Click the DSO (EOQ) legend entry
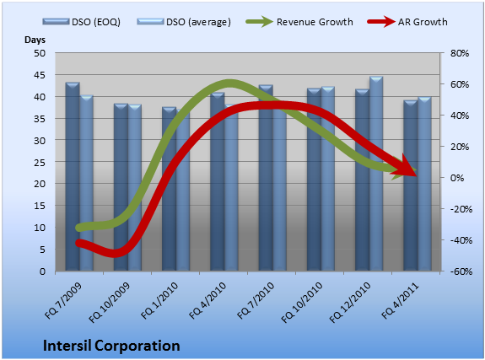point(82,22)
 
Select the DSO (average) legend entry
point(184,22)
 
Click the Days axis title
point(35,40)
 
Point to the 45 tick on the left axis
point(40,75)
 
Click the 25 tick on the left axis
point(40,162)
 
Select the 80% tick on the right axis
point(460,53)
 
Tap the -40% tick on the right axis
point(461,240)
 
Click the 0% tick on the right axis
point(457,178)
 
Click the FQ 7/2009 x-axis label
point(63,301)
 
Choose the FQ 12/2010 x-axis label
point(350,303)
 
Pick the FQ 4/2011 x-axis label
point(400,301)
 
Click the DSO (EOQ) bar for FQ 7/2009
point(73,177)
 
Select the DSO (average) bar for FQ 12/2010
point(376,175)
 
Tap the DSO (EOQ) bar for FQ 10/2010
point(314,180)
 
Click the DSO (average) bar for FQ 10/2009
point(135,188)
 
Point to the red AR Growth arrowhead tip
point(417,175)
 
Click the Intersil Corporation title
point(111,346)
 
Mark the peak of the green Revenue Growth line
point(229,83)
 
